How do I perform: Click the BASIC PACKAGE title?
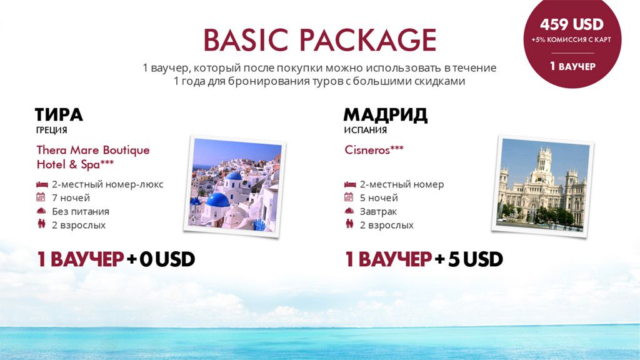click(x=320, y=40)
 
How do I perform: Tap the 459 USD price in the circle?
click(x=571, y=24)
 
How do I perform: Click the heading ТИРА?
click(x=59, y=115)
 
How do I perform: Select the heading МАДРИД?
click(x=385, y=115)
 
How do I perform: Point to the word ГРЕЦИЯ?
click(x=51, y=130)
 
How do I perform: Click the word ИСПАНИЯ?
click(x=365, y=130)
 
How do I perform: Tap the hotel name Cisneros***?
click(x=374, y=150)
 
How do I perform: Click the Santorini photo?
click(x=235, y=186)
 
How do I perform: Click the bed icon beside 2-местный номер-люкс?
click(x=42, y=184)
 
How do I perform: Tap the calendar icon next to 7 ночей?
click(x=41, y=197)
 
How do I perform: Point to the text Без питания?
click(x=81, y=211)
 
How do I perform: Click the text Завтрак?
click(x=378, y=211)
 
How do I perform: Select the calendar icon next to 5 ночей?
click(x=349, y=197)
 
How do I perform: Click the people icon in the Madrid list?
click(x=349, y=224)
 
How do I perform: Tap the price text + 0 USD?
click(x=161, y=259)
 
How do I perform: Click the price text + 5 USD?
click(x=469, y=259)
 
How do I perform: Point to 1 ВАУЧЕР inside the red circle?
click(x=572, y=66)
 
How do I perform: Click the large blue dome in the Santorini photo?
click(x=217, y=199)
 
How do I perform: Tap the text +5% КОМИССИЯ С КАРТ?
click(x=571, y=40)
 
